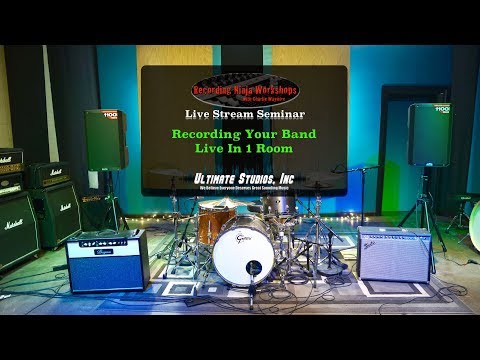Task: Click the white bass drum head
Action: click(x=242, y=252)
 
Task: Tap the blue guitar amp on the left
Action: click(x=106, y=259)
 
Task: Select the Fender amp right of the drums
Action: click(x=393, y=253)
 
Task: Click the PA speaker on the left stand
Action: click(x=105, y=139)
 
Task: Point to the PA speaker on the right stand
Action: click(x=429, y=134)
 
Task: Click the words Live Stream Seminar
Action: click(x=244, y=115)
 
